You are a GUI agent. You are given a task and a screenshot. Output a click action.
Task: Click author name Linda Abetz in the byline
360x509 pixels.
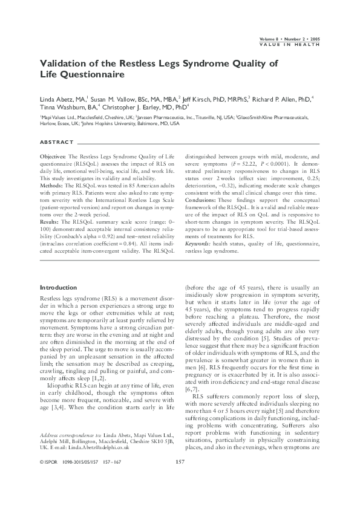pos(57,97)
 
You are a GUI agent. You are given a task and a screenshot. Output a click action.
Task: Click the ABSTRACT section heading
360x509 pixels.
pos(56,143)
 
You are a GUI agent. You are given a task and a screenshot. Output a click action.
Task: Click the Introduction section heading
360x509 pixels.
pos(59,287)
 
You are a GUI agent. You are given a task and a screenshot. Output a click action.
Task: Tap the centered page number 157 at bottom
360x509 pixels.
pos(180,479)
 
